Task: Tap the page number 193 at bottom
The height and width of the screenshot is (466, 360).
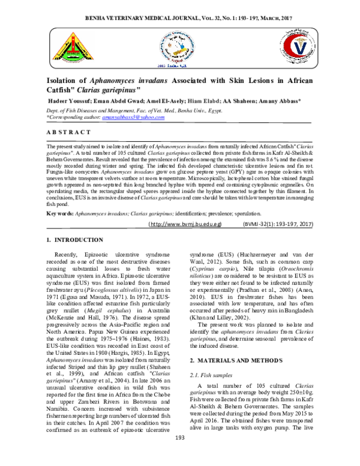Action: [179, 455]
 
